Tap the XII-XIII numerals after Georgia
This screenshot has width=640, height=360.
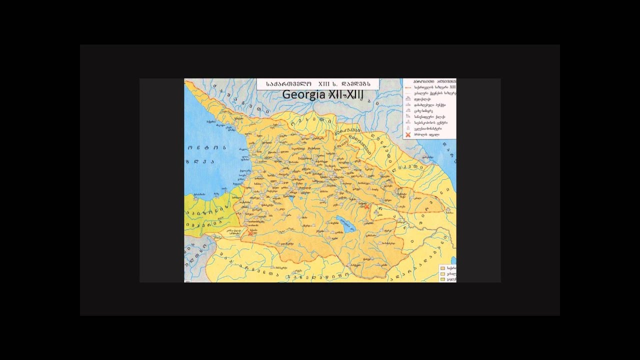pos(347,95)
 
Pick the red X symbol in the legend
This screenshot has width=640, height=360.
pos(408,134)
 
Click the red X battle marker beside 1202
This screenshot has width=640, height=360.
pos(250,233)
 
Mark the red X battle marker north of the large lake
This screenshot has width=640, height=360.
pos(366,206)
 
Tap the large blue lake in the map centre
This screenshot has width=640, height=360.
pos(345,221)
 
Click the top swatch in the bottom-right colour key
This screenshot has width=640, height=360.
pos(442,268)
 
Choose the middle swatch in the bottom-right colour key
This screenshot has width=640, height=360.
pos(442,274)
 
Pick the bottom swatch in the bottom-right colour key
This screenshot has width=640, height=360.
pos(442,279)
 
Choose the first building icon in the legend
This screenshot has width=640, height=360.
pos(408,99)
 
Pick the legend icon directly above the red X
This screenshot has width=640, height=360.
pos(408,128)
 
